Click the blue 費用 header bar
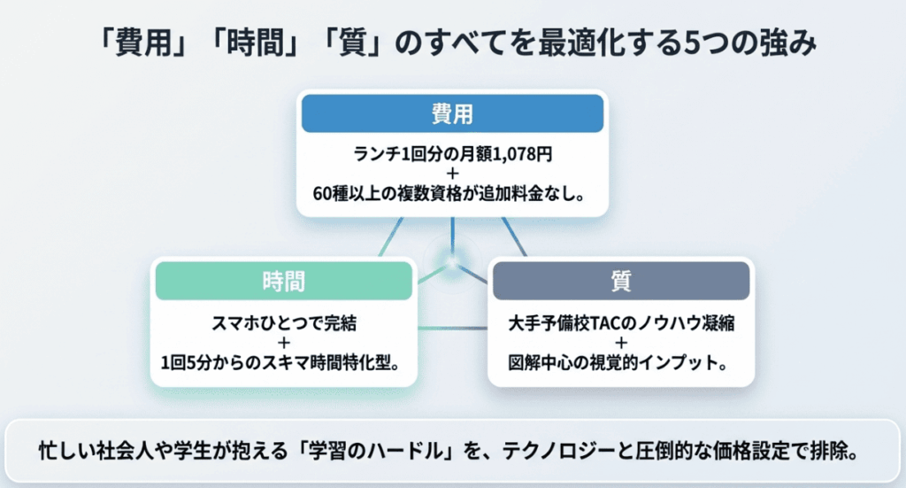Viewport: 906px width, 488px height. [x=452, y=113]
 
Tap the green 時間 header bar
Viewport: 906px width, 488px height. [x=284, y=282]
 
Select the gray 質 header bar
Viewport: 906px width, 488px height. [x=621, y=282]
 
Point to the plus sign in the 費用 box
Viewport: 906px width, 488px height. [x=452, y=173]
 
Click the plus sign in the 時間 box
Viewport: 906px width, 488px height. [x=284, y=342]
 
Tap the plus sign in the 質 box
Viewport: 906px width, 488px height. [x=621, y=342]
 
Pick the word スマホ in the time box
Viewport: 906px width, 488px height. [x=231, y=322]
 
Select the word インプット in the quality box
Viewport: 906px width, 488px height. [x=681, y=362]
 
